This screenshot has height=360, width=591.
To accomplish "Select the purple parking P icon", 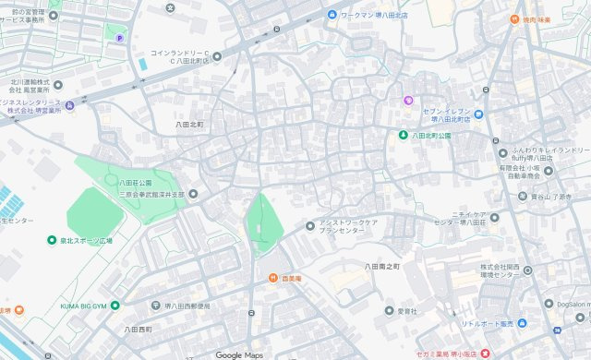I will [118, 37].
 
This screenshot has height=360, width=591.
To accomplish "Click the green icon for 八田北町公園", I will [403, 135].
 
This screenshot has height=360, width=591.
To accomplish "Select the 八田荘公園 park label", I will [135, 183].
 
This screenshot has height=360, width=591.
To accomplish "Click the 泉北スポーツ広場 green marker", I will [53, 240].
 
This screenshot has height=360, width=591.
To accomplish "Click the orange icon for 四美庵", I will [273, 278].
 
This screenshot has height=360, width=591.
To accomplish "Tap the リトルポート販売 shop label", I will [494, 323].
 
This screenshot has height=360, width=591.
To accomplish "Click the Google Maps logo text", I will [239, 354].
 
